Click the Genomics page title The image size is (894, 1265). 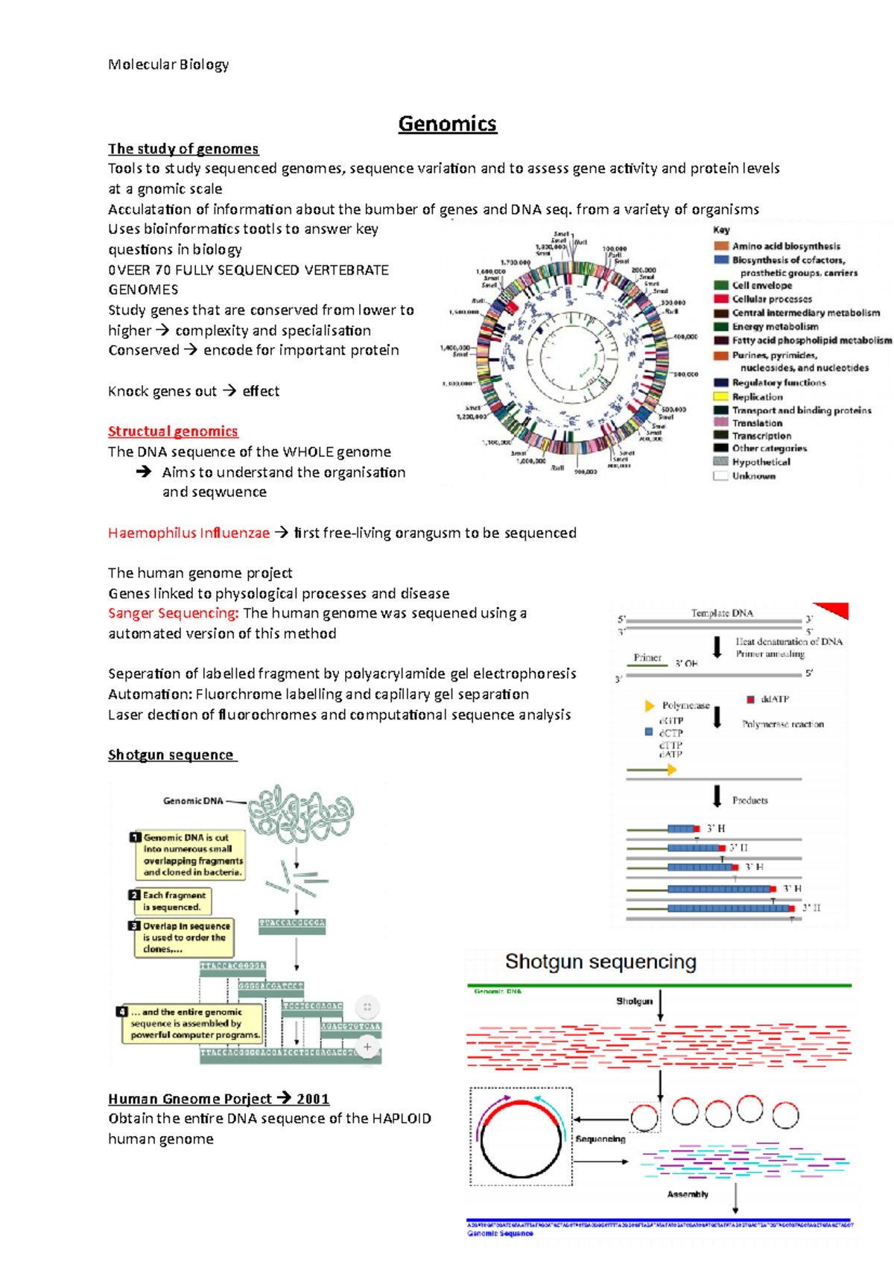(x=447, y=124)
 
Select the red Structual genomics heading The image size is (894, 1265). (x=173, y=431)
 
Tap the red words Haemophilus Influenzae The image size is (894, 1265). (x=188, y=533)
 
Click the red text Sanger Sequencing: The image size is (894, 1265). (x=173, y=613)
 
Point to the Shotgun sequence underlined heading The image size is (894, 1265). (x=171, y=755)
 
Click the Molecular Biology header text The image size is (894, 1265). (x=168, y=65)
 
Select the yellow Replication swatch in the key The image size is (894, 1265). (x=720, y=397)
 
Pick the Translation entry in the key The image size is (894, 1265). (x=757, y=423)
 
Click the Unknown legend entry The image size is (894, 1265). (x=753, y=476)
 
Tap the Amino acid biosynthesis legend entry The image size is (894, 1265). (x=785, y=246)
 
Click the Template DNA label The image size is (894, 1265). (x=721, y=613)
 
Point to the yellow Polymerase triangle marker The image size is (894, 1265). (x=649, y=706)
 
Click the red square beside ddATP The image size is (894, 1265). (x=750, y=699)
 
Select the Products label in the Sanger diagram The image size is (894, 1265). (x=749, y=800)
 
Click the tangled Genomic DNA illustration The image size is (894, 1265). (x=300, y=813)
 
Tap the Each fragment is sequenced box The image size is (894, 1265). (x=171, y=901)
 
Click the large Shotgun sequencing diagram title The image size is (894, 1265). (x=600, y=962)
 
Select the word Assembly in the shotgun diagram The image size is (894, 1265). (x=687, y=1194)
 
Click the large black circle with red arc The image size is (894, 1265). (x=521, y=1137)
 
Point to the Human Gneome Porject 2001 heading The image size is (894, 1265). (x=218, y=1099)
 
